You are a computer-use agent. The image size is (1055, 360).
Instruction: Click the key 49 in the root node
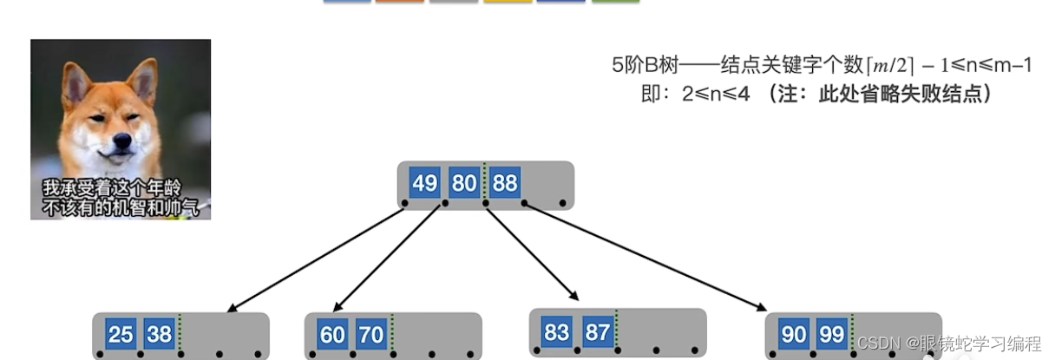click(x=425, y=184)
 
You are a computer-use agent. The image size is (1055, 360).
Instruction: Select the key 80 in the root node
click(x=464, y=184)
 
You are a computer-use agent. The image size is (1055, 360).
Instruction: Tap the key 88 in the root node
click(x=504, y=184)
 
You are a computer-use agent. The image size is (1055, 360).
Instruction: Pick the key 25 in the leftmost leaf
click(x=121, y=334)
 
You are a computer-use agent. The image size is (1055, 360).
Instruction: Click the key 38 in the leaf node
click(x=159, y=334)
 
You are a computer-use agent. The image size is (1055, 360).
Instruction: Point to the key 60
click(x=332, y=334)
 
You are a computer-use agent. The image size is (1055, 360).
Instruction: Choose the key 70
click(x=371, y=334)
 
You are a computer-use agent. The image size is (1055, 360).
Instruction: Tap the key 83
click(x=557, y=331)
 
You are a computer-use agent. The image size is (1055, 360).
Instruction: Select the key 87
click(x=597, y=331)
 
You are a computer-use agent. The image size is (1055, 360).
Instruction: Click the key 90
click(x=793, y=334)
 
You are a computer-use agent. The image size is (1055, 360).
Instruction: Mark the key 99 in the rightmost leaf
click(x=833, y=334)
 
